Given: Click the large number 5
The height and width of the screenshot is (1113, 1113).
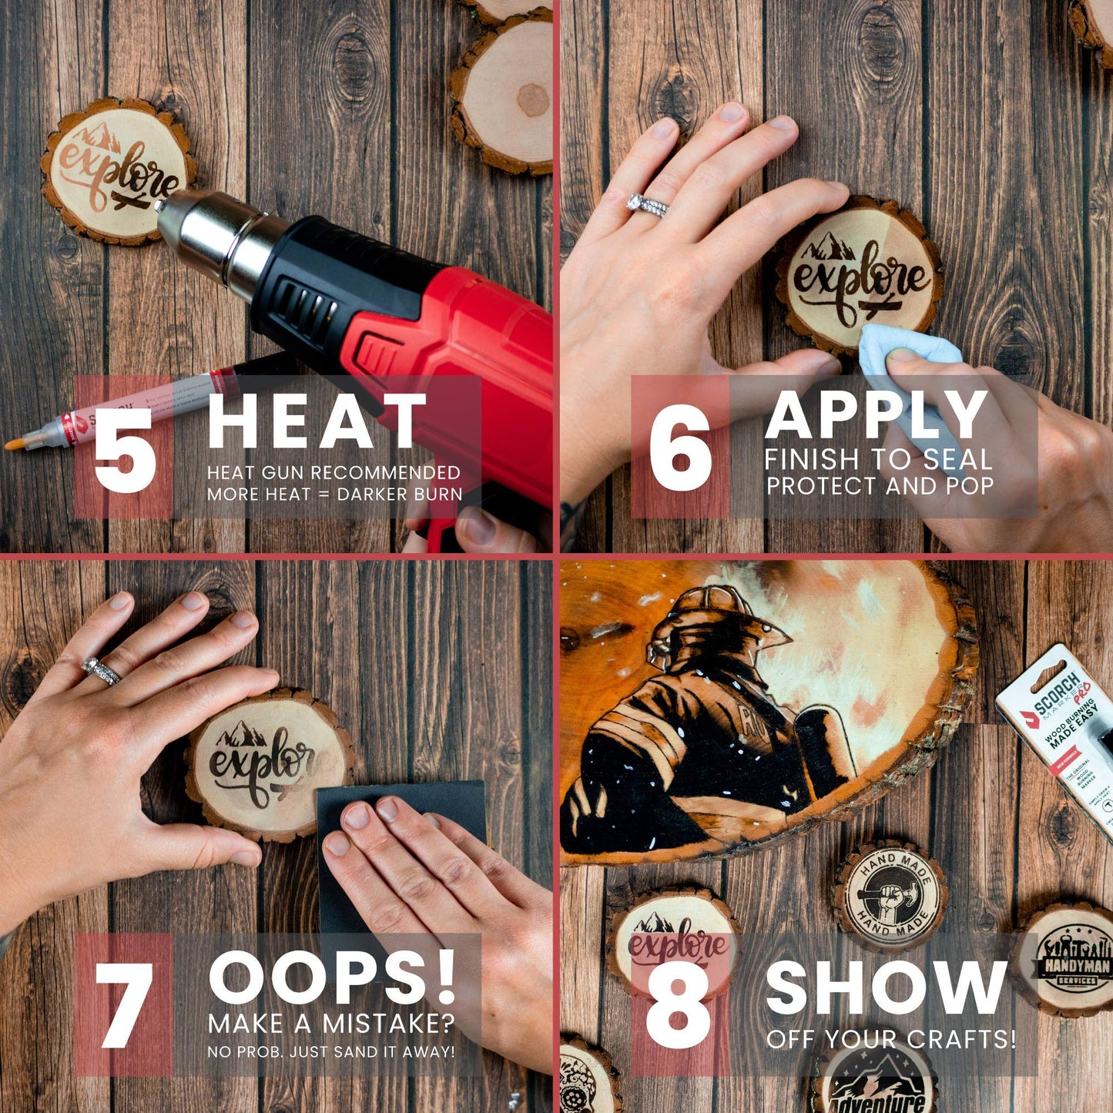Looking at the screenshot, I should point(125,449).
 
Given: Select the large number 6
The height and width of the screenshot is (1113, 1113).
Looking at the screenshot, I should point(679,449).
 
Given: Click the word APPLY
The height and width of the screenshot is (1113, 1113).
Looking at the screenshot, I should point(876,416).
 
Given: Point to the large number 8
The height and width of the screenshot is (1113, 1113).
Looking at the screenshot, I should point(678,1006).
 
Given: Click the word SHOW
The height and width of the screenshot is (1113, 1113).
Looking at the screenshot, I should point(886,988).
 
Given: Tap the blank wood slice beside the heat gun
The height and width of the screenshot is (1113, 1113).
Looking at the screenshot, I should point(505,100).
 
